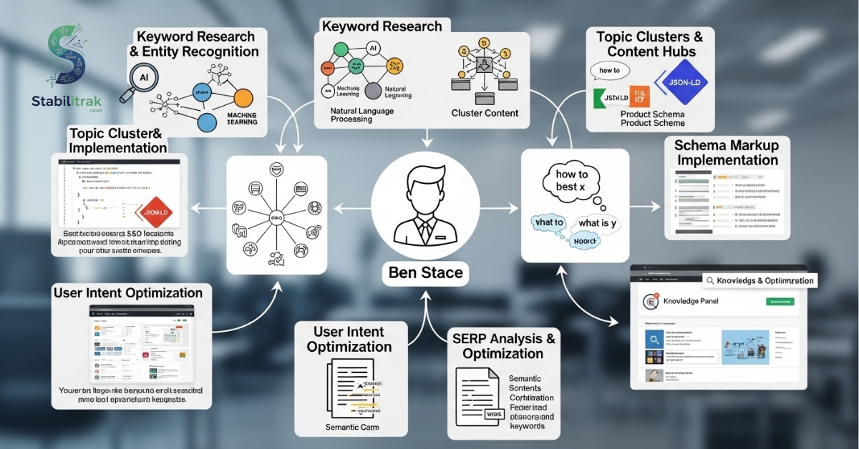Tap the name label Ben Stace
(425, 272)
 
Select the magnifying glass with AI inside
(146, 78)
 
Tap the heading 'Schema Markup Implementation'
(726, 152)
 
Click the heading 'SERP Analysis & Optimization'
(503, 346)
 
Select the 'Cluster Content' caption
(485, 113)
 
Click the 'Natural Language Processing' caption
(361, 115)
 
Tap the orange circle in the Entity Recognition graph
(243, 97)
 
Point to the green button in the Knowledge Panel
(780, 302)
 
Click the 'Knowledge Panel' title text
(691, 302)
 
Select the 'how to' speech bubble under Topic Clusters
(609, 71)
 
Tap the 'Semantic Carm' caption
(351, 428)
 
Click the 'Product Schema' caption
(652, 114)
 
